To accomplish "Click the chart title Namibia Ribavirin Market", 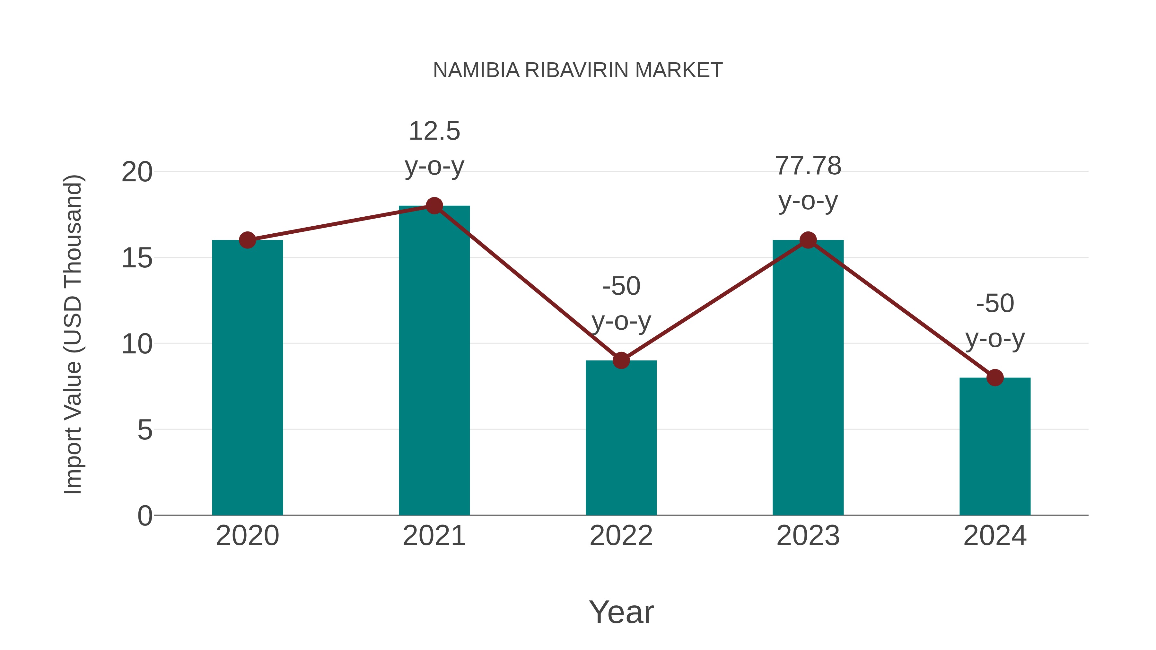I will click(x=578, y=70).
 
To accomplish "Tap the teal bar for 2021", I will click(x=434, y=368).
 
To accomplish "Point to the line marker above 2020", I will click(x=247, y=240).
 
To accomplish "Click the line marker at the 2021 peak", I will click(x=434, y=206).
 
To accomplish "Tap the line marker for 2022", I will click(x=621, y=360).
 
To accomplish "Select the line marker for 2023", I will click(x=808, y=240).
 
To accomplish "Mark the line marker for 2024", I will click(x=995, y=378).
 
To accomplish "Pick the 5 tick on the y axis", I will click(x=144, y=430).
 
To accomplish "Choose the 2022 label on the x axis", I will click(x=621, y=536).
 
